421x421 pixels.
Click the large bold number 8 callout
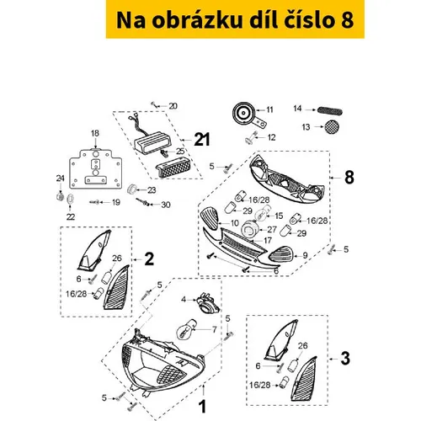pyautogui.click(x=349, y=178)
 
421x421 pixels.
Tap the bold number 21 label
pyautogui.click(x=202, y=139)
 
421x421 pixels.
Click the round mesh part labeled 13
pyautogui.click(x=332, y=126)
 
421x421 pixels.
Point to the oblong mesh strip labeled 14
pyautogui.click(x=330, y=111)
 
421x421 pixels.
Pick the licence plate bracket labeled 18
pyautogui.click(x=96, y=169)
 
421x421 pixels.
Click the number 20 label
pyautogui.click(x=173, y=106)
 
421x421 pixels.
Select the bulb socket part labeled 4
pyautogui.click(x=207, y=302)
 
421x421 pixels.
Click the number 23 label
pyautogui.click(x=152, y=190)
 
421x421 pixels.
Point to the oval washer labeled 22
pyautogui.click(x=70, y=200)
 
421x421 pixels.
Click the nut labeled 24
pyautogui.click(x=60, y=195)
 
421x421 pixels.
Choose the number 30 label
pyautogui.click(x=166, y=205)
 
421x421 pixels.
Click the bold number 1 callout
pyautogui.click(x=202, y=407)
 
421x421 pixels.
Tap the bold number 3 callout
pyautogui.click(x=345, y=359)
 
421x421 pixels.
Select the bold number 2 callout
pyautogui.click(x=149, y=259)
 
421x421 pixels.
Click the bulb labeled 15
pyautogui.click(x=263, y=214)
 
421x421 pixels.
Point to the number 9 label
pyautogui.click(x=305, y=256)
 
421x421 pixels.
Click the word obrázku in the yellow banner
pyautogui.click(x=197, y=20)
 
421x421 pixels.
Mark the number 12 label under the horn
pyautogui.click(x=271, y=137)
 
